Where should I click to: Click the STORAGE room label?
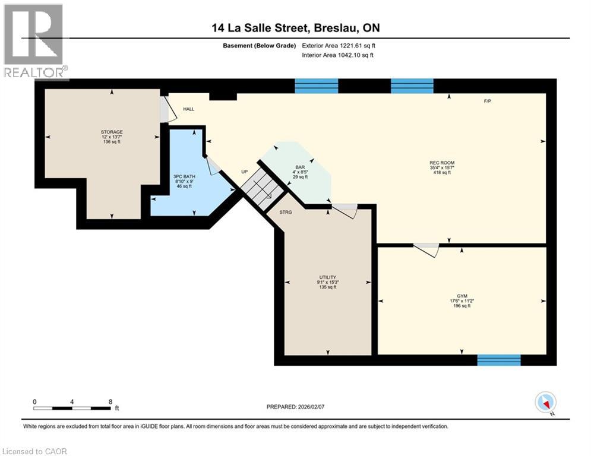(x=111, y=131)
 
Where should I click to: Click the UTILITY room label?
(x=328, y=277)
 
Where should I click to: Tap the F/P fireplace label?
(x=487, y=101)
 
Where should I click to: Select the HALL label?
(x=188, y=109)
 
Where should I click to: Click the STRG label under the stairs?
(x=286, y=211)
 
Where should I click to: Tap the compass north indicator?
(x=545, y=403)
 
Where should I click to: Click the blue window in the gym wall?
(x=499, y=360)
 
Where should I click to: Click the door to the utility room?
(x=345, y=211)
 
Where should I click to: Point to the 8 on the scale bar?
(x=110, y=401)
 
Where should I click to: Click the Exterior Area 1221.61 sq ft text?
(x=339, y=46)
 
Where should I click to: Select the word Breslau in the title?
(x=334, y=27)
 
